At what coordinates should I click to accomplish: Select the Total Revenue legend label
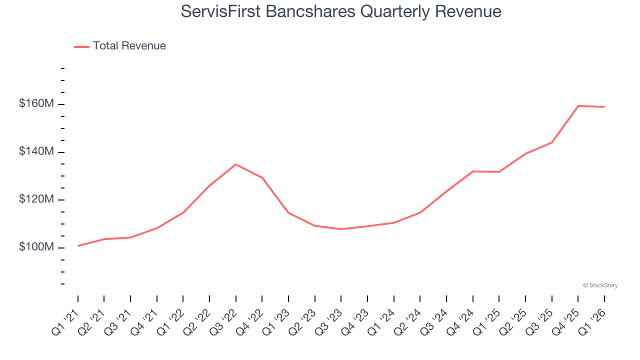click(x=129, y=46)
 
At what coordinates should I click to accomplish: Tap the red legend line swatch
click(x=81, y=46)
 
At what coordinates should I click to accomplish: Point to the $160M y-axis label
click(x=36, y=104)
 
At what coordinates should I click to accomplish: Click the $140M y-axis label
click(x=36, y=151)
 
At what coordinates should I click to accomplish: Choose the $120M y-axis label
click(x=36, y=199)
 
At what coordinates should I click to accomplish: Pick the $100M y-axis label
click(x=36, y=247)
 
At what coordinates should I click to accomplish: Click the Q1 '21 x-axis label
click(x=65, y=322)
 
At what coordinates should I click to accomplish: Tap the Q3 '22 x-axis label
click(x=223, y=322)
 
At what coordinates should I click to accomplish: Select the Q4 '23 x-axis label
click(x=355, y=322)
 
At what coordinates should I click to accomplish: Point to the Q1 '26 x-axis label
click(x=592, y=322)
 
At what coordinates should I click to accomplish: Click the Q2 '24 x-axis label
click(x=407, y=322)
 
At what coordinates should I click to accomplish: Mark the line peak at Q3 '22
click(x=236, y=164)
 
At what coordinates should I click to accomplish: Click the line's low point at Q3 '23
click(x=341, y=229)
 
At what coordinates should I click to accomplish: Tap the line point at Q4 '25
click(x=578, y=106)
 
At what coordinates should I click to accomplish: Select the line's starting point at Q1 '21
click(x=78, y=246)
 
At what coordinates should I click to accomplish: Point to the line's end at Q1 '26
click(x=604, y=107)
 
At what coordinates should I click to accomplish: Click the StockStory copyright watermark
click(x=600, y=285)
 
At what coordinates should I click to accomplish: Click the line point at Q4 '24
click(x=472, y=171)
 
